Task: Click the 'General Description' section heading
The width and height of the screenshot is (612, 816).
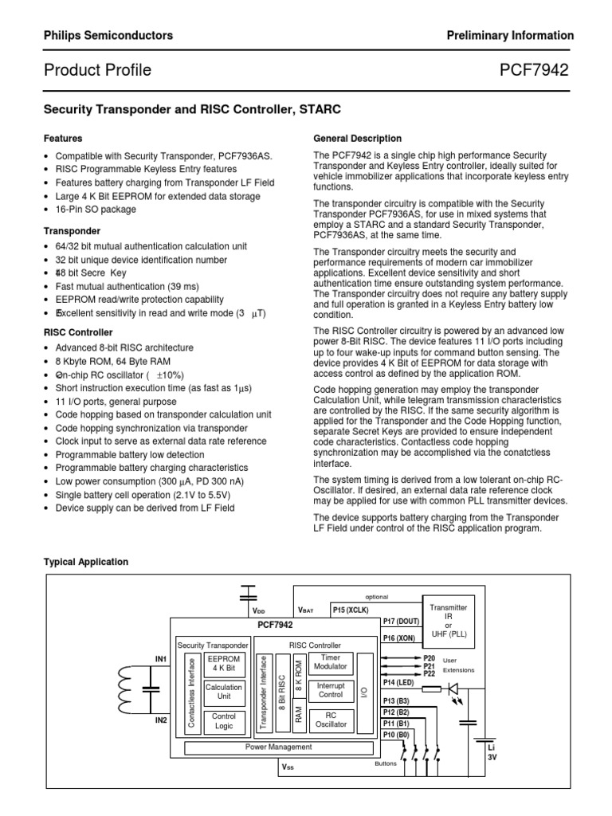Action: point(358,139)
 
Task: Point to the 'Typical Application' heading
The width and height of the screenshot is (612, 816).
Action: point(85,562)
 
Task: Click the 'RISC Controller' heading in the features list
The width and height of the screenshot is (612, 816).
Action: point(77,332)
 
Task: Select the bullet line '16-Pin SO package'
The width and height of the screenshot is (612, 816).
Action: point(96,210)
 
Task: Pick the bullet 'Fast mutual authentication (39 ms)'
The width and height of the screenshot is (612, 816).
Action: point(127,286)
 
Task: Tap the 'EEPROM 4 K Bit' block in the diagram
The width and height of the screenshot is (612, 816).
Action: point(223,665)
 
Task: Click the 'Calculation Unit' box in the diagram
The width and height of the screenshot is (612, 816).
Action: point(223,692)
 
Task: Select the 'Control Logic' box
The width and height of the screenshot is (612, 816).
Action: point(223,721)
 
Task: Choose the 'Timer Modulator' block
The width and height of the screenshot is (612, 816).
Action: point(331,662)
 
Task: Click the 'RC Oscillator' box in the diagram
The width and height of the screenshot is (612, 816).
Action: point(331,720)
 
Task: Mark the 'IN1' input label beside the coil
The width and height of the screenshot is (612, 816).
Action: point(161,659)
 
